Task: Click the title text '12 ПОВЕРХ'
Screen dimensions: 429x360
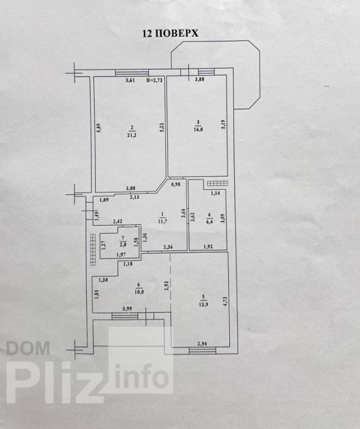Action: coord(169,34)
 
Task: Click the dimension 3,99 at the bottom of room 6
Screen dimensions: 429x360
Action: coord(127,308)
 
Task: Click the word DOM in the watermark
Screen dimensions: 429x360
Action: coord(28,349)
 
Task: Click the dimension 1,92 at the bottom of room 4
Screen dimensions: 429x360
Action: coord(208,246)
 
